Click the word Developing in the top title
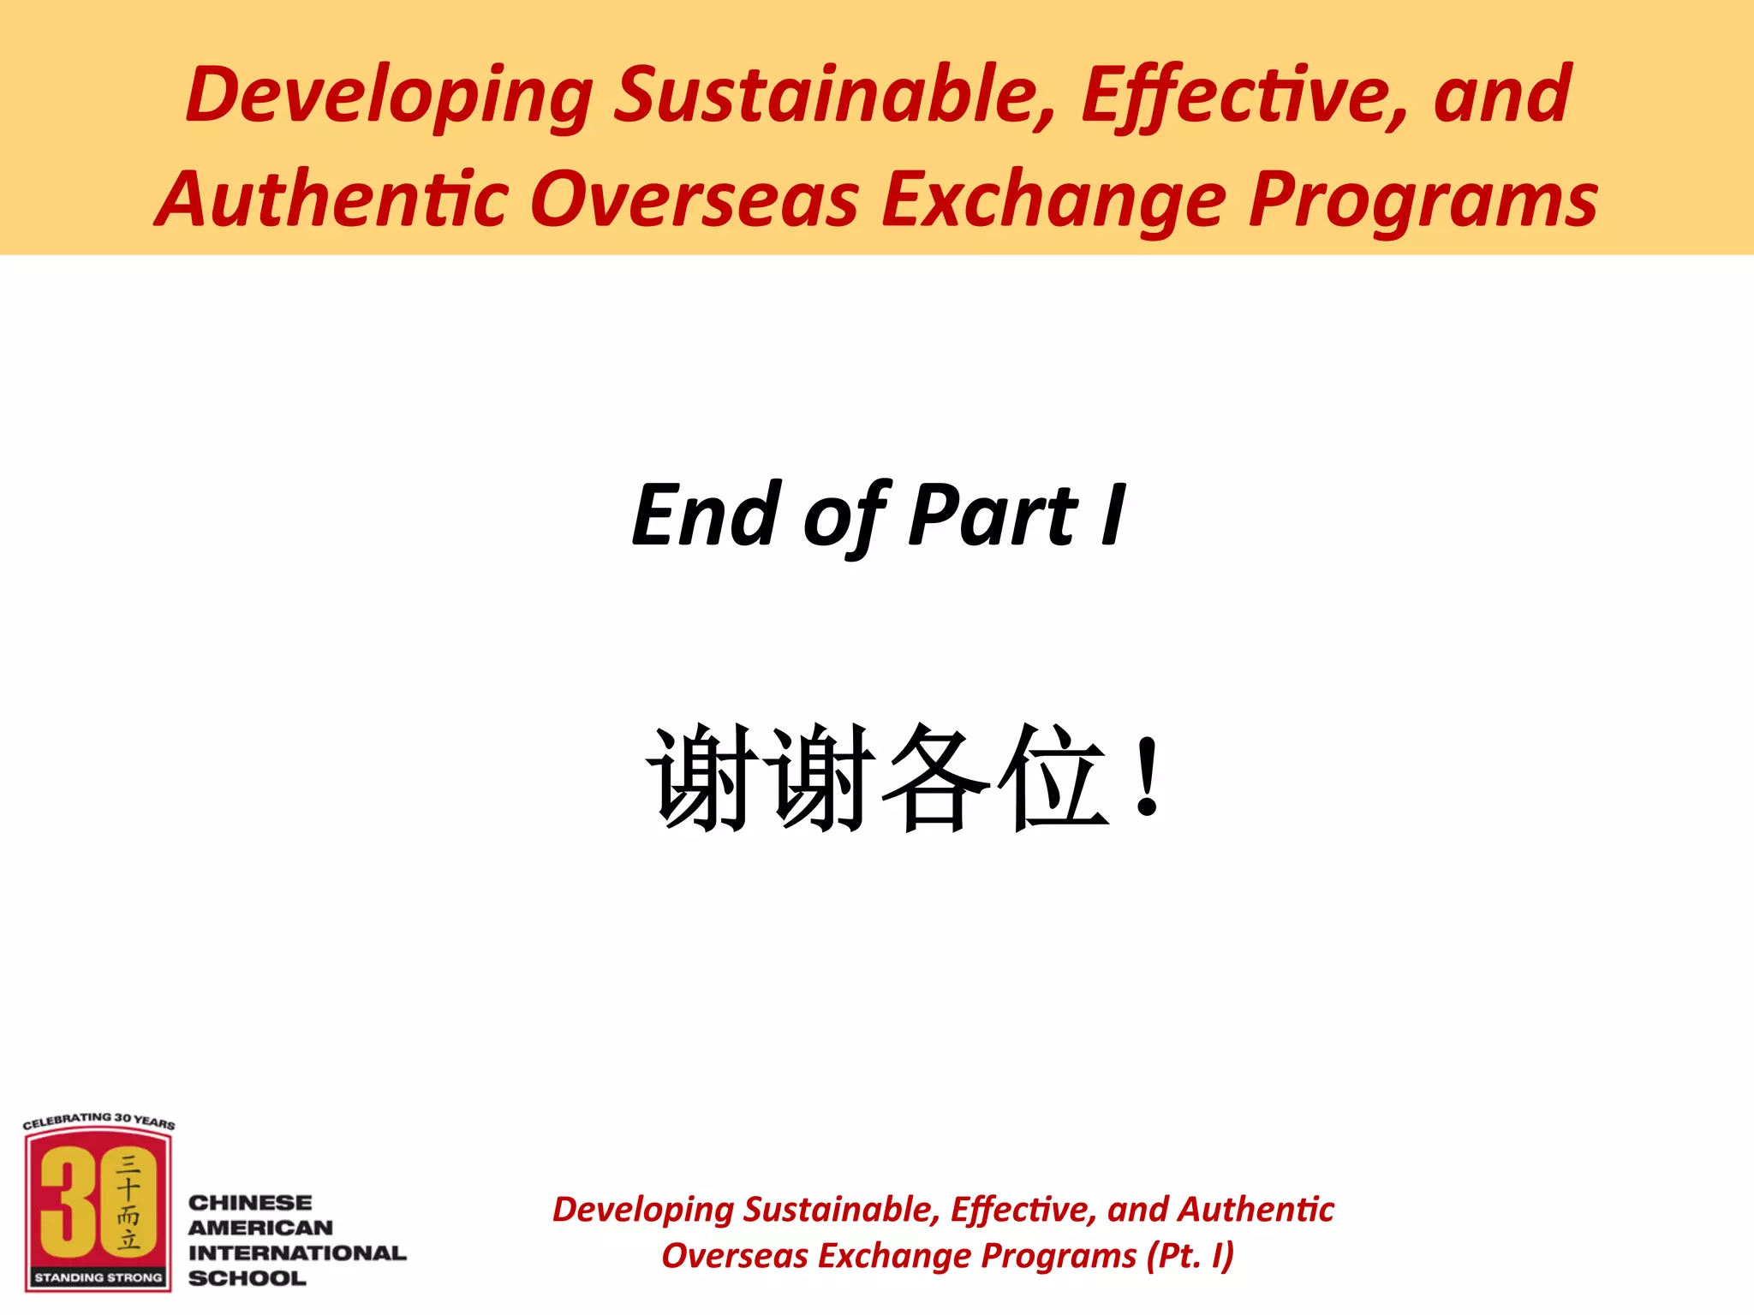click(390, 96)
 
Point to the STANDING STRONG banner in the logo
click(98, 1277)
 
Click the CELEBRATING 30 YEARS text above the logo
click(98, 1120)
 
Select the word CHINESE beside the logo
click(250, 1203)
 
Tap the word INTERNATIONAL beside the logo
click(297, 1253)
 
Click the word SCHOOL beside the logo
click(247, 1278)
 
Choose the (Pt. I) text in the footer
click(1190, 1256)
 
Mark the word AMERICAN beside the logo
click(260, 1228)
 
